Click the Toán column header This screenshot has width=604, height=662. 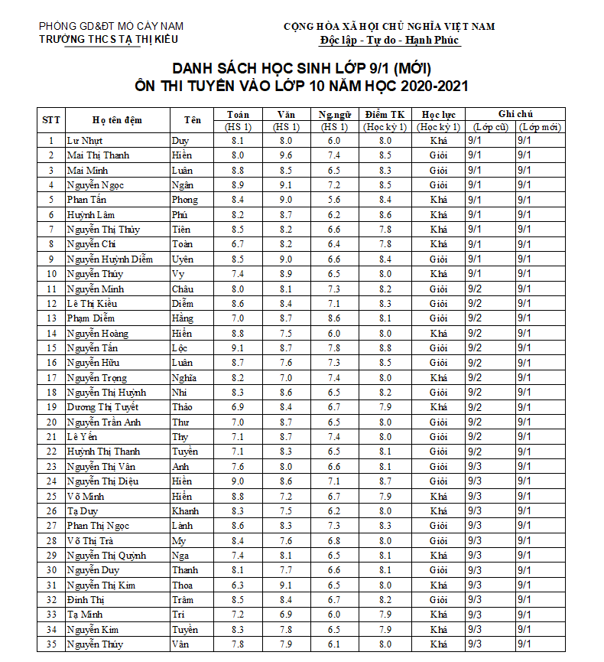click(x=238, y=114)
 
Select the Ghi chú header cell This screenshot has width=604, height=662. click(x=515, y=114)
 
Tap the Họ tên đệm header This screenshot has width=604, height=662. click(x=117, y=120)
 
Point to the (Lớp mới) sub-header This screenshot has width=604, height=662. click(x=540, y=127)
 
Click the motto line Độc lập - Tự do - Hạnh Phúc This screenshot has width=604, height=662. click(x=389, y=40)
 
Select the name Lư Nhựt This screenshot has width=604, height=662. click(x=85, y=141)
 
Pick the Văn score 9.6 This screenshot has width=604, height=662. click(x=285, y=155)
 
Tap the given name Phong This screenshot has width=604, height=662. click(x=184, y=200)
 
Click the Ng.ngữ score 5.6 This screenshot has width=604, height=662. click(x=334, y=200)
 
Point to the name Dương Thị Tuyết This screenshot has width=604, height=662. click(x=102, y=407)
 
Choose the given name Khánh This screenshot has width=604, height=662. click(x=186, y=511)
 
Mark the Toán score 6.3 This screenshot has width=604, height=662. click(x=238, y=585)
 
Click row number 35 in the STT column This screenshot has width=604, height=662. click(x=51, y=644)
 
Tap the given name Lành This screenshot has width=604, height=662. click(x=182, y=526)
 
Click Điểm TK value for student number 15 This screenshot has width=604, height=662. click(x=385, y=348)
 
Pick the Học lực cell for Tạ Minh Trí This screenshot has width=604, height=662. click(x=438, y=615)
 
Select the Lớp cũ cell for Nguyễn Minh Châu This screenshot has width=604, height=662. click(x=475, y=289)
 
